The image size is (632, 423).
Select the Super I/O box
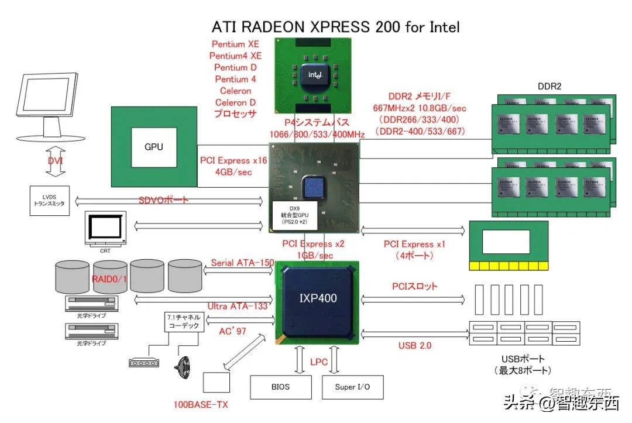click(352, 387)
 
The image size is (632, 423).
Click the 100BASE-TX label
click(201, 404)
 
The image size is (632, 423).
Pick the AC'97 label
click(232, 331)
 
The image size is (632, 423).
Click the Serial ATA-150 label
click(242, 263)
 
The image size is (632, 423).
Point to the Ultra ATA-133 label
click(238, 306)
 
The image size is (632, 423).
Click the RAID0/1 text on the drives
click(109, 278)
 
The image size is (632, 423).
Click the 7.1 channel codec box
click(184, 321)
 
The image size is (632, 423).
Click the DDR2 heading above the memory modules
click(549, 86)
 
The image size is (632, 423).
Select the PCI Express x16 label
click(233, 160)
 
